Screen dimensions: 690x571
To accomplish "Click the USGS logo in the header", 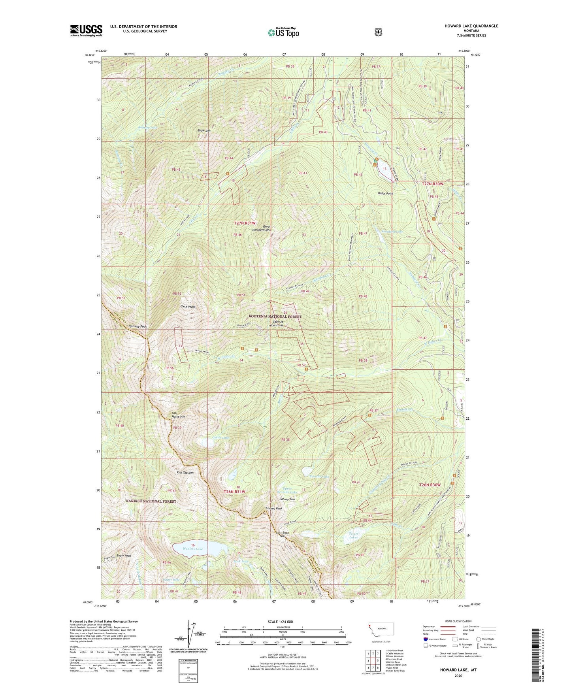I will [x=86, y=30].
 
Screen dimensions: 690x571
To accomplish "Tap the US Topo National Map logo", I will [x=283, y=32].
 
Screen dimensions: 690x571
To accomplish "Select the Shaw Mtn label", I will [x=204, y=130].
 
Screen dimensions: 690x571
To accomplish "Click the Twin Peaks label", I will [x=188, y=307].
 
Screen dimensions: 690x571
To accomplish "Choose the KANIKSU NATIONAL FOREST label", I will [x=151, y=501].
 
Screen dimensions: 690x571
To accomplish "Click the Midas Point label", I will [x=385, y=193].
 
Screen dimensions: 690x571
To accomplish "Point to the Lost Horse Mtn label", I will [x=178, y=415].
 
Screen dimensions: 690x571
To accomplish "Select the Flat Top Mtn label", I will [x=185, y=473].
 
